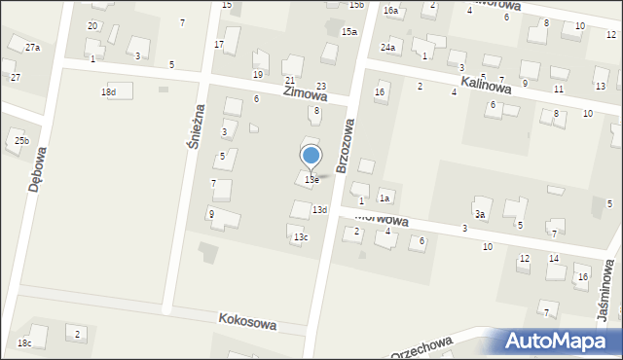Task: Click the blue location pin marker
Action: (311, 156)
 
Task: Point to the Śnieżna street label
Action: (194, 126)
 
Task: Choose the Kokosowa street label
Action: (247, 320)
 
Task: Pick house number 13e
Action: (311, 180)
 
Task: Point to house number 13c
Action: (302, 237)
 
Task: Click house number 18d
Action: (108, 92)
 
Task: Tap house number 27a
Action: (33, 48)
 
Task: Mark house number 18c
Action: (24, 343)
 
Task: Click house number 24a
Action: (388, 48)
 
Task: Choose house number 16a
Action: (391, 11)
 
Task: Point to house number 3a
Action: (480, 214)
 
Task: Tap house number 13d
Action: (319, 210)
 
